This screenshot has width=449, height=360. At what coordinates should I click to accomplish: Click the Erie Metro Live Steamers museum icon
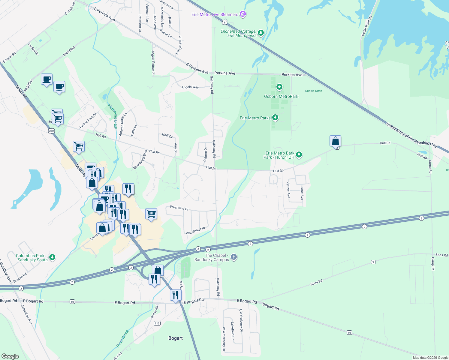(243, 14)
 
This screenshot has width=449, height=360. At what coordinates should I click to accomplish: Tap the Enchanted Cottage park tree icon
(261, 33)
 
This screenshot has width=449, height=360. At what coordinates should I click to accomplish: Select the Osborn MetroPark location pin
(279, 87)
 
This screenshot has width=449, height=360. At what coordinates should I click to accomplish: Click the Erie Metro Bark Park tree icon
(299, 155)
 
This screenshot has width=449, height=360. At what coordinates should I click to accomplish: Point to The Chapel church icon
(234, 257)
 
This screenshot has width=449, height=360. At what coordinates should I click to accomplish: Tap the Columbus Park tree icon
(52, 257)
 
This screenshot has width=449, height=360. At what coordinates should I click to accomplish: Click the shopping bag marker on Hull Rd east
(335, 141)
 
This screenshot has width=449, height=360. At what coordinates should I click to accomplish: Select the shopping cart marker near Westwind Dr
(151, 214)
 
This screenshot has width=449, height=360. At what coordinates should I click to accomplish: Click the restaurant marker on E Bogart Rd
(176, 295)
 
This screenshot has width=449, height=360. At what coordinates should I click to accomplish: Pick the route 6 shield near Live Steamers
(225, 22)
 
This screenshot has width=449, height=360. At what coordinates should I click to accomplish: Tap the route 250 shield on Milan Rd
(51, 131)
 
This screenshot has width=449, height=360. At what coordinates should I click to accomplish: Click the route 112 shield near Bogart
(157, 323)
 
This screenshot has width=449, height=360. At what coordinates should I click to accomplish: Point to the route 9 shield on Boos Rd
(373, 262)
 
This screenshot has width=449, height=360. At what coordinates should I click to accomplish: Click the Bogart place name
(175, 338)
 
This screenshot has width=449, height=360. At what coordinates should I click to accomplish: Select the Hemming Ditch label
(113, 116)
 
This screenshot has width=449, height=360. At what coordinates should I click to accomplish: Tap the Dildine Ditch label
(313, 91)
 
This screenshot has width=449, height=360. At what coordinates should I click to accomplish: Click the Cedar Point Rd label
(366, 26)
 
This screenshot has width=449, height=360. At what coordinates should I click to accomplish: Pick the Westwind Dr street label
(179, 208)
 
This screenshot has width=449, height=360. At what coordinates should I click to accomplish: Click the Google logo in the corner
(10, 356)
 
